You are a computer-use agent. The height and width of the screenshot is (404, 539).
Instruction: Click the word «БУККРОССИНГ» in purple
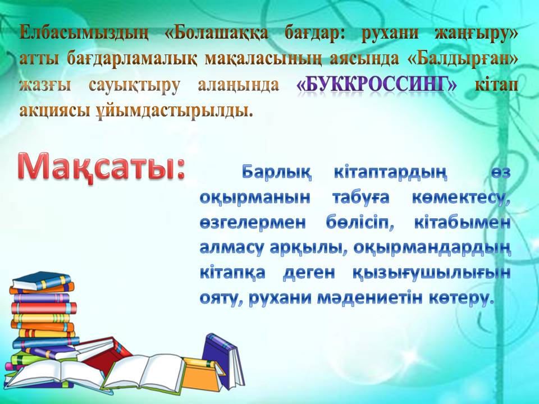pyautogui.click(x=376, y=85)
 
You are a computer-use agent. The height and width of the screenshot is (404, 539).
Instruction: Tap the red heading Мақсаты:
pyautogui.click(x=101, y=167)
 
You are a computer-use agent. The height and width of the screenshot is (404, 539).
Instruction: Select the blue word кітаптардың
pyautogui.click(x=391, y=172)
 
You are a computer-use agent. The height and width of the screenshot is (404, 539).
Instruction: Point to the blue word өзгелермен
pyautogui.click(x=253, y=223)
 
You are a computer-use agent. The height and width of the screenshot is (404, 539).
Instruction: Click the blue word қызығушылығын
pyautogui.click(x=432, y=274)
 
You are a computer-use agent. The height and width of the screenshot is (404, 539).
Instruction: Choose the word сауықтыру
pyautogui.click(x=134, y=85)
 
